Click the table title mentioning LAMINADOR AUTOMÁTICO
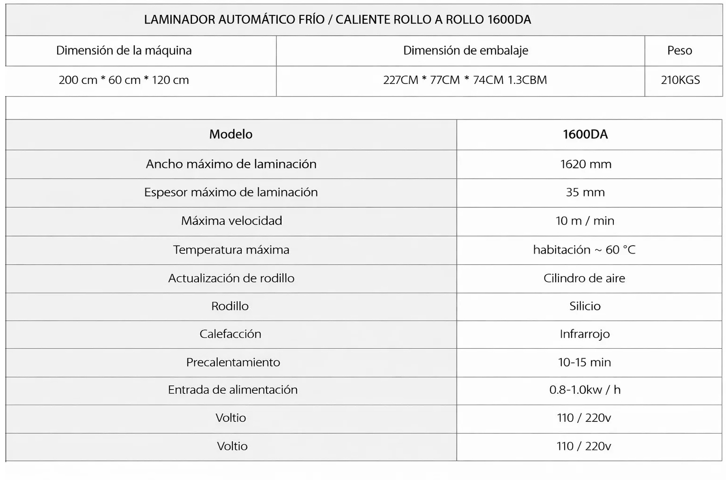(337, 20)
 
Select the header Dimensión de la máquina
(124, 51)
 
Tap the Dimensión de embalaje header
(466, 51)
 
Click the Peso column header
(680, 51)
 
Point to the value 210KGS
(680, 80)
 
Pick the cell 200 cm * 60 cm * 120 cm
(124, 80)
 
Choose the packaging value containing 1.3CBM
(465, 80)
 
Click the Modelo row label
(231, 135)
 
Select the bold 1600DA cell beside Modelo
(585, 135)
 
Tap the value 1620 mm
(586, 164)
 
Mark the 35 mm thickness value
(585, 192)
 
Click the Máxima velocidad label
(231, 221)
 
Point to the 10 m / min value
(585, 221)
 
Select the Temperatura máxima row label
(231, 250)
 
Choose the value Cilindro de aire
(584, 278)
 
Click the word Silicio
(585, 306)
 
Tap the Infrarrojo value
(585, 334)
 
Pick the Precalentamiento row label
(233, 362)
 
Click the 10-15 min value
(584, 362)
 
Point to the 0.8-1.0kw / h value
(585, 390)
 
